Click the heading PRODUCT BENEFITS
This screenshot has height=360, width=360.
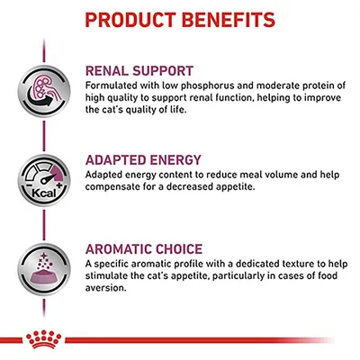[x=180, y=19]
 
